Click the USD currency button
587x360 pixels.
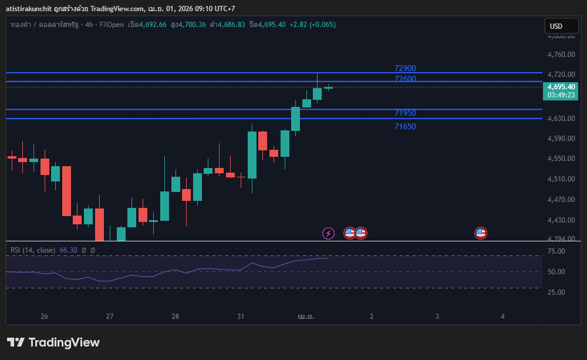pos(555,26)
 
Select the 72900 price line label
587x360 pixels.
pos(405,68)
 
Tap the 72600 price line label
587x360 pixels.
pos(405,79)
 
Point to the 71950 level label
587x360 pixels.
pos(405,113)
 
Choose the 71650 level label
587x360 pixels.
pos(405,126)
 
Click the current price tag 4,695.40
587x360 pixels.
pos(561,87)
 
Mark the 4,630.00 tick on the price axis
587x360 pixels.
pos(560,119)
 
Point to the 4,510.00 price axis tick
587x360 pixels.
pos(560,179)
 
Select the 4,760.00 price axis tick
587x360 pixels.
pos(560,55)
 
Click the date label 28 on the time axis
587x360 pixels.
pos(175,316)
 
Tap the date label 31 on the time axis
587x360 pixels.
pos(241,316)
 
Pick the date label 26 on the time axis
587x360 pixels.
pos(44,316)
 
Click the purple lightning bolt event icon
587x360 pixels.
pos(328,234)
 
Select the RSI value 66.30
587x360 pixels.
pos(69,250)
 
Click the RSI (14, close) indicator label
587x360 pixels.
pos(33,250)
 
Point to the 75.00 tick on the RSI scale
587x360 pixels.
pos(556,251)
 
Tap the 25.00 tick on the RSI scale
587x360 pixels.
pos(556,292)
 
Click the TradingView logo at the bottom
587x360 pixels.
pos(53,342)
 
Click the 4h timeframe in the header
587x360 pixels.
pos(89,25)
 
